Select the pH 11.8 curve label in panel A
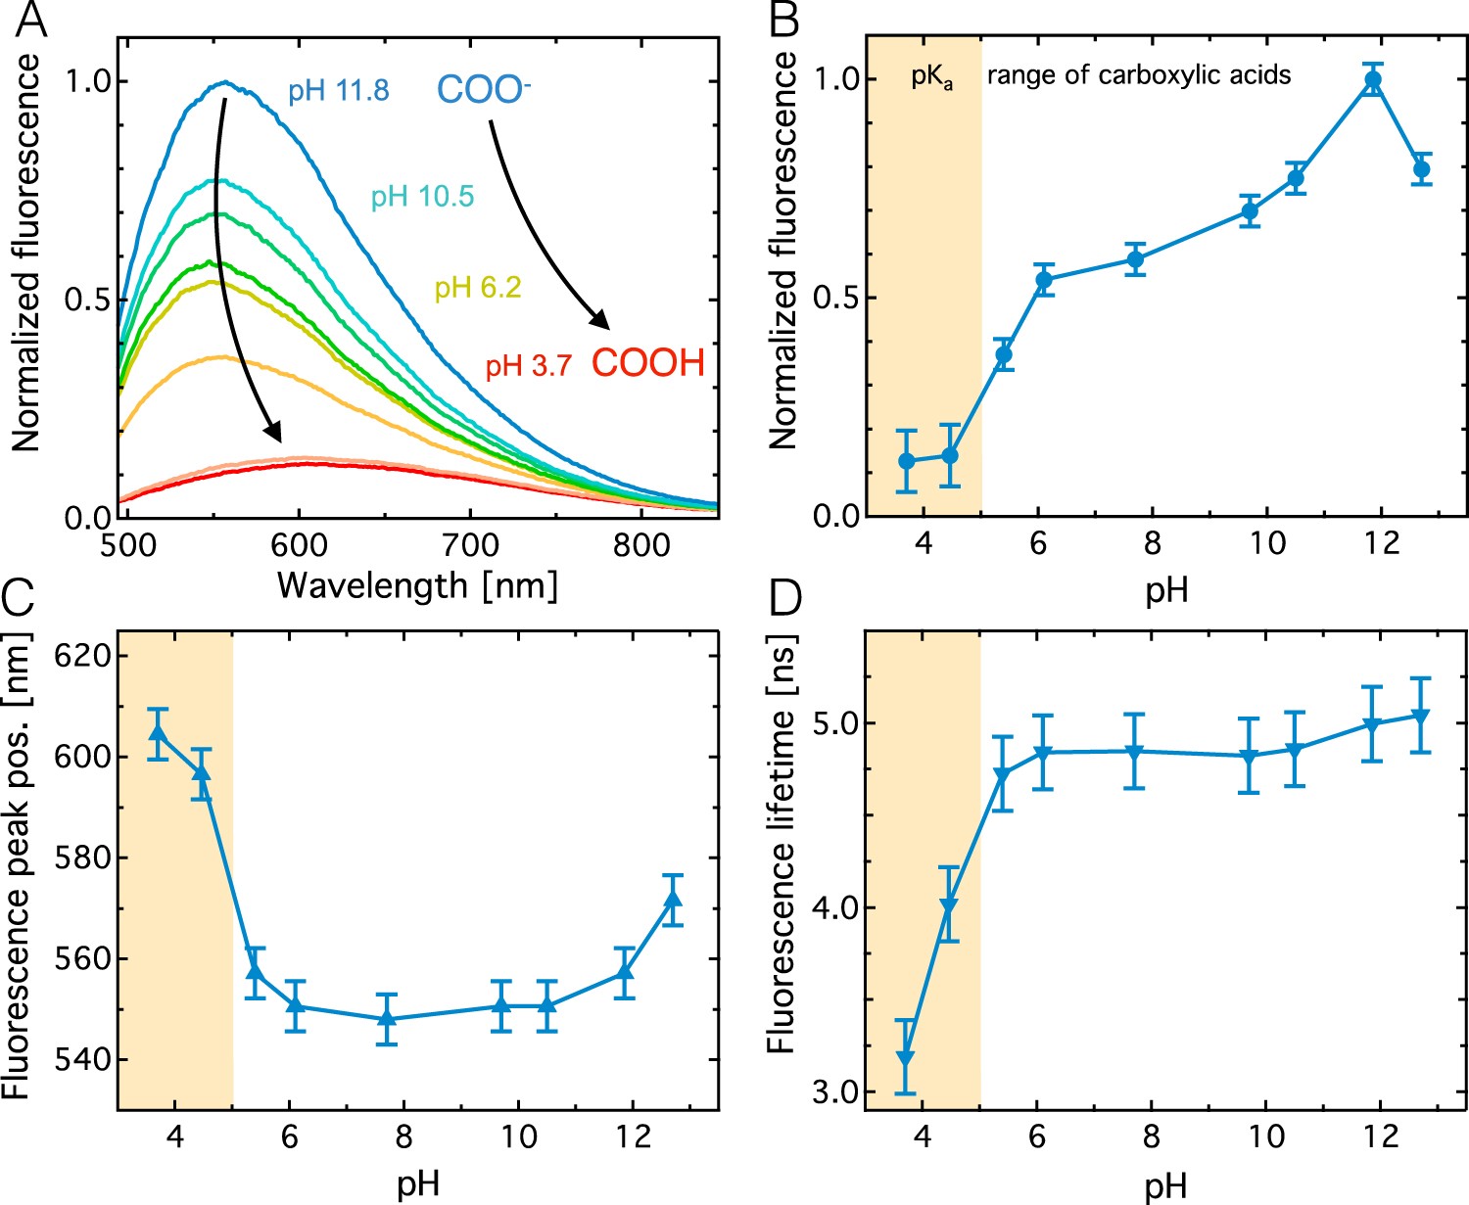(x=338, y=91)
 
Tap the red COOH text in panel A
(x=647, y=363)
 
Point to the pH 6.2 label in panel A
(x=478, y=288)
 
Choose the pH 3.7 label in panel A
(x=528, y=366)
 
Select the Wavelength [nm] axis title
(x=417, y=585)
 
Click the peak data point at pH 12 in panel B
(x=1373, y=79)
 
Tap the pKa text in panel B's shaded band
(x=931, y=77)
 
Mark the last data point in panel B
(x=1422, y=169)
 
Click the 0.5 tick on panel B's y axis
(x=834, y=298)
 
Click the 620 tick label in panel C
(x=80, y=655)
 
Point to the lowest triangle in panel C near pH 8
(x=387, y=1018)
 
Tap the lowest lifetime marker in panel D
(x=906, y=1058)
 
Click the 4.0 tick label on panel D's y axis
(x=834, y=907)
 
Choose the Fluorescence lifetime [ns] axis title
(x=781, y=844)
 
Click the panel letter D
(x=785, y=599)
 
